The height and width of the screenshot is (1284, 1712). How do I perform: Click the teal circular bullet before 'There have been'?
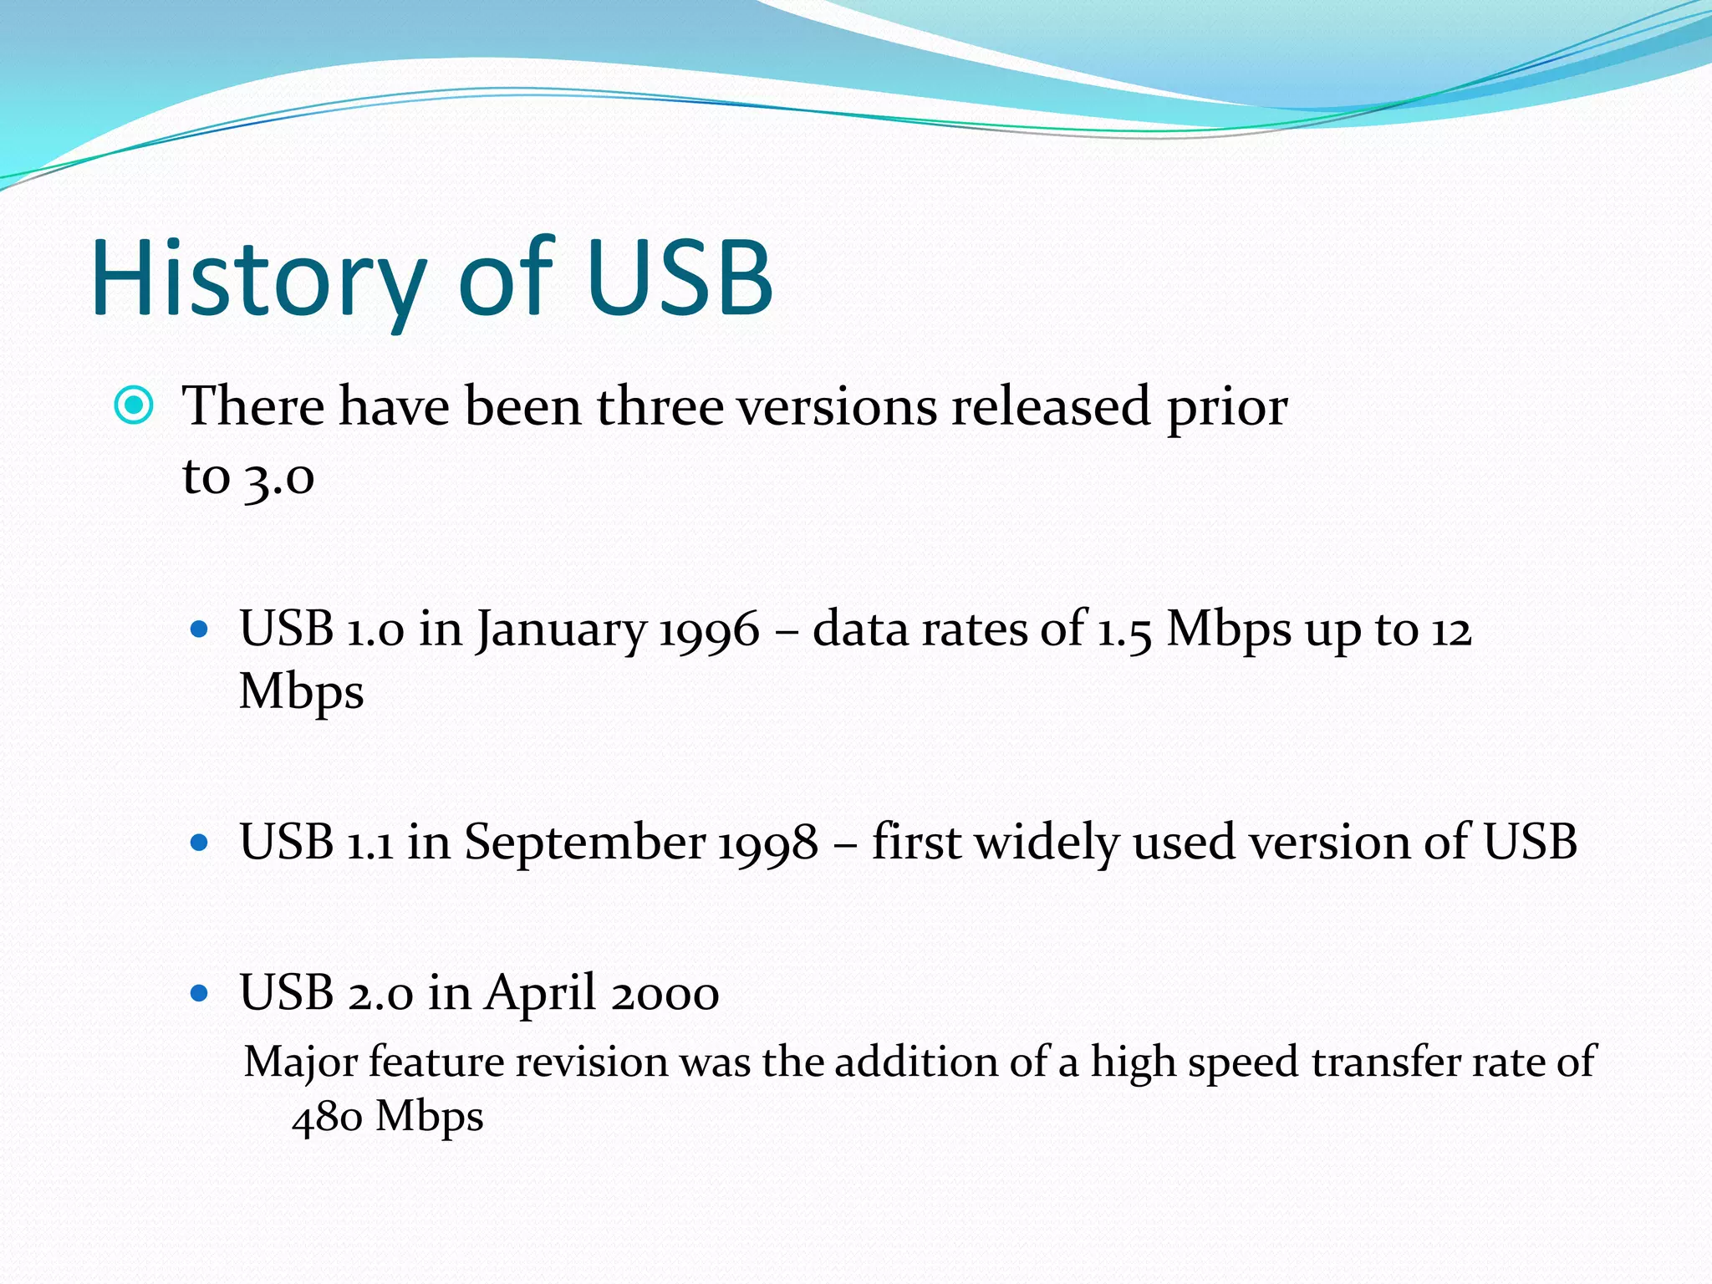point(134,406)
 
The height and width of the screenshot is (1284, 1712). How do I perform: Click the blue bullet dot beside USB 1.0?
point(199,629)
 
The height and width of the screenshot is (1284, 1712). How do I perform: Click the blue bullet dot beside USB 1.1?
point(199,843)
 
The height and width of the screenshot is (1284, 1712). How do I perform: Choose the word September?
point(585,843)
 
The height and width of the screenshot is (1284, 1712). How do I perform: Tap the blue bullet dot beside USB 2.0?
point(199,993)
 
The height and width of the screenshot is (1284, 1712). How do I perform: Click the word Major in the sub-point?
point(300,1063)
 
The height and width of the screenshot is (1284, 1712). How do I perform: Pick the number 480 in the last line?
point(327,1117)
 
